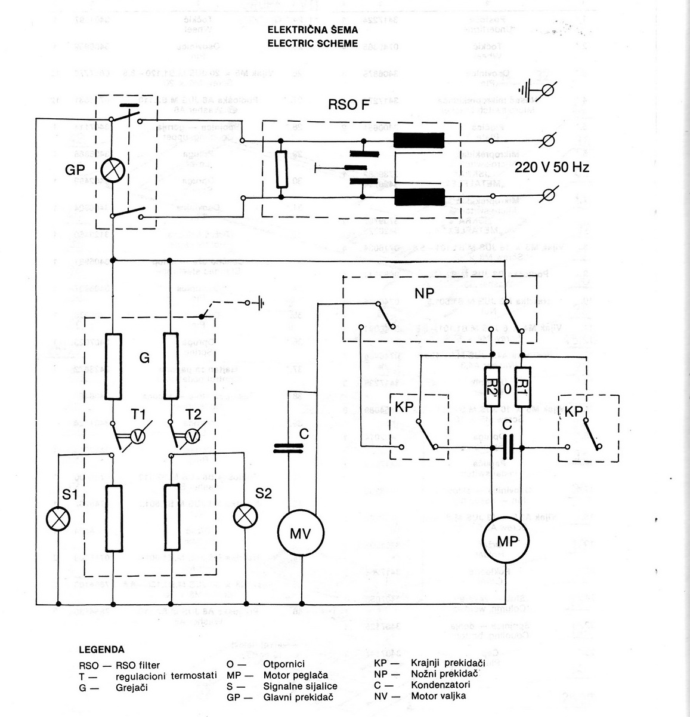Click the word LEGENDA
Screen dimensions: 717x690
click(101, 650)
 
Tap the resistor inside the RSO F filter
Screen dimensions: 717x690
click(280, 169)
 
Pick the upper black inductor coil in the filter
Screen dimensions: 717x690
click(419, 140)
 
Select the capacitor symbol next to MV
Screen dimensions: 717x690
click(289, 448)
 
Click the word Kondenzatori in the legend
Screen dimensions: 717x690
click(441, 684)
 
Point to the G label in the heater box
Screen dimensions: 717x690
click(144, 358)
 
